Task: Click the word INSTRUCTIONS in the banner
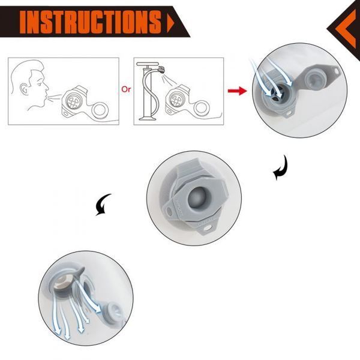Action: click(x=91, y=22)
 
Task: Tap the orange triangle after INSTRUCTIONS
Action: click(x=171, y=23)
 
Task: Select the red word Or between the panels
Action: click(x=126, y=89)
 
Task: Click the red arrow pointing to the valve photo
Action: click(x=238, y=91)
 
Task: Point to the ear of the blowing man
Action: click(x=24, y=89)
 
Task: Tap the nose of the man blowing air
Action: click(x=47, y=87)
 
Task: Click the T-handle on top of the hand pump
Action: click(x=148, y=64)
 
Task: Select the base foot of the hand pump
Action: click(x=148, y=118)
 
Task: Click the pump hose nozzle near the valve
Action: click(x=161, y=69)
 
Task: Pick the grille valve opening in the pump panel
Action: click(x=176, y=98)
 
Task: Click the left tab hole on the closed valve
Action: click(x=170, y=211)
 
